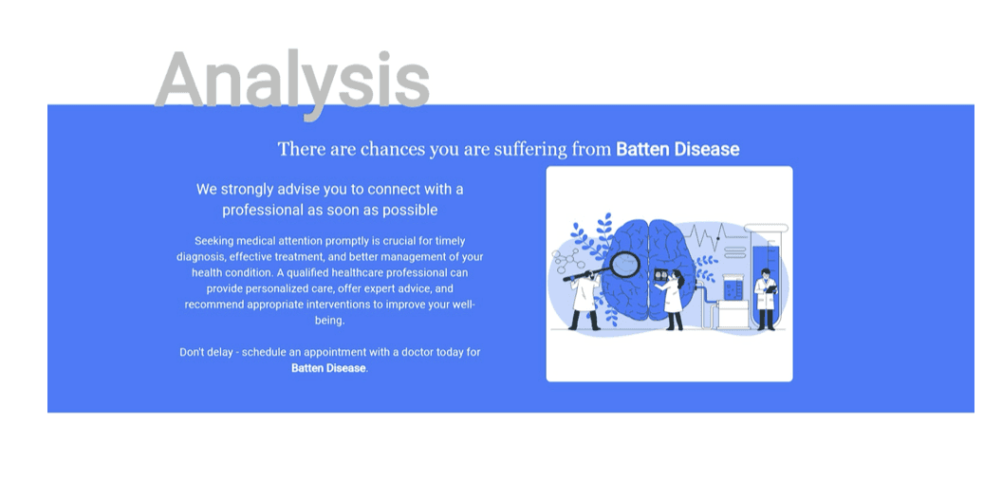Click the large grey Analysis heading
[x=292, y=80]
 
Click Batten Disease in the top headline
[x=677, y=150]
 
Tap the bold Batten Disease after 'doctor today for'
[x=328, y=368]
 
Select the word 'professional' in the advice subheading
[x=262, y=210]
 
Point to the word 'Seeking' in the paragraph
[x=214, y=242]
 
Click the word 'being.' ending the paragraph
[x=330, y=321]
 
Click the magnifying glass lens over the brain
[x=625, y=265]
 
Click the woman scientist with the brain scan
[x=673, y=300]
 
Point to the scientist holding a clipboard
[x=766, y=298]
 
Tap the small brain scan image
[x=661, y=275]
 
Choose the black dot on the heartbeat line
[x=717, y=238]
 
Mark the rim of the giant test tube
[x=766, y=228]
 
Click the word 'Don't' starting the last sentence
[x=192, y=352]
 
